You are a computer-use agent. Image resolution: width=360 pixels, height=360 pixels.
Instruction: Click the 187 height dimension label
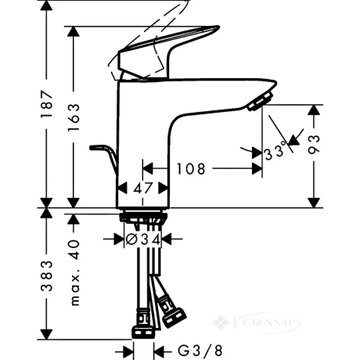pyautogui.click(x=47, y=104)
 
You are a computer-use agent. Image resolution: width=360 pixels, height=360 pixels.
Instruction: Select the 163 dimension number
pyautogui.click(x=74, y=117)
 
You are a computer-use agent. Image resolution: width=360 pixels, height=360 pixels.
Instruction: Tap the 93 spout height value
pyautogui.click(x=314, y=145)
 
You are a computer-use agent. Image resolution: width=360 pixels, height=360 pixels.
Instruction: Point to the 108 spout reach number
pyautogui.click(x=191, y=168)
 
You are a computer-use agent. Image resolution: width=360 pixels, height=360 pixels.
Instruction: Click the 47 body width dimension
pyautogui.click(x=142, y=188)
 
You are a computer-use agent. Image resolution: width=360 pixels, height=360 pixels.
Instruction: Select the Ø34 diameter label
pyautogui.click(x=142, y=239)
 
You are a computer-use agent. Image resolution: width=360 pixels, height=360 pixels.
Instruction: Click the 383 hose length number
pyautogui.click(x=47, y=275)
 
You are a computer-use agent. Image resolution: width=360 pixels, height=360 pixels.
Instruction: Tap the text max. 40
pyautogui.click(x=75, y=272)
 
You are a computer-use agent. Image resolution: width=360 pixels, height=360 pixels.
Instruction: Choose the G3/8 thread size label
pyautogui.click(x=200, y=351)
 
